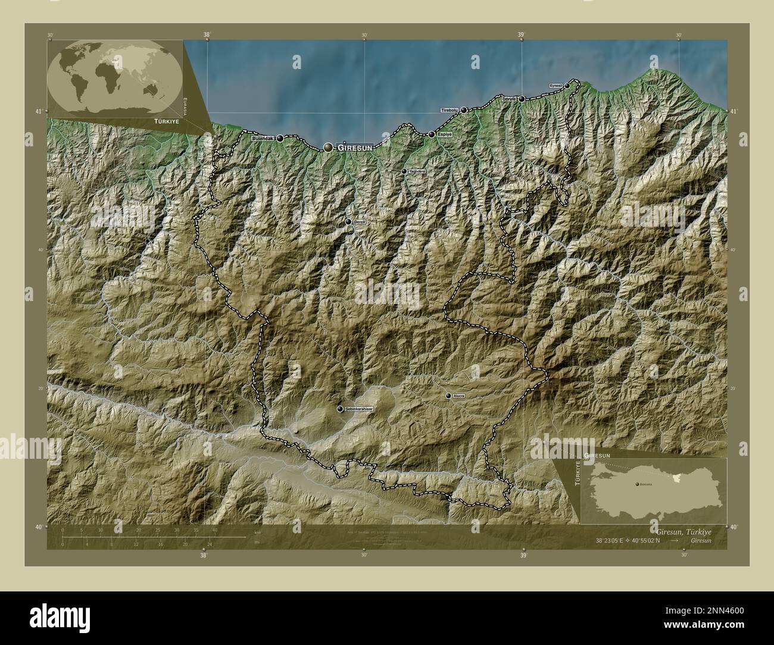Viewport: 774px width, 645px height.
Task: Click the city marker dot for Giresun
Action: click(x=328, y=147)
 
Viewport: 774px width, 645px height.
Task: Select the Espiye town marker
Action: click(x=432, y=134)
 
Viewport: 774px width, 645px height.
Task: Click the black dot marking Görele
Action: click(x=522, y=99)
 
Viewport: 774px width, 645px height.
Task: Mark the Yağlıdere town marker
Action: click(x=404, y=171)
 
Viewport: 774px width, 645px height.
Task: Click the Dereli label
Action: click(x=360, y=222)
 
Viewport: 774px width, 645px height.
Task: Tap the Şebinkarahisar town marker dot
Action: click(x=340, y=409)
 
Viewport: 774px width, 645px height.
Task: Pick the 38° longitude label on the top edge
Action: click(x=207, y=35)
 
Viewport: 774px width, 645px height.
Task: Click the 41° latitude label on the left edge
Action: click(x=39, y=111)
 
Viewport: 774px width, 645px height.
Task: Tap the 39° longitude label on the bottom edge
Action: click(x=523, y=556)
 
